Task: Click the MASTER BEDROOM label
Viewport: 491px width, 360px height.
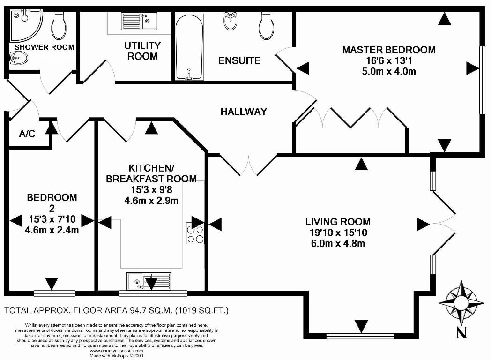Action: click(388, 50)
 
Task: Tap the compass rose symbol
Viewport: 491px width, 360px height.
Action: click(461, 303)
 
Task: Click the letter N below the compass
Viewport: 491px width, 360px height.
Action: click(461, 332)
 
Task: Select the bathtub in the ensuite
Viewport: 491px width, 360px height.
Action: click(189, 47)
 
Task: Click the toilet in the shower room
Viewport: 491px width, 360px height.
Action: click(59, 25)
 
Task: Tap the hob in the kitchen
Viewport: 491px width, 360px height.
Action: click(195, 233)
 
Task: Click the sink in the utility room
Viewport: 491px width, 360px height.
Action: click(139, 21)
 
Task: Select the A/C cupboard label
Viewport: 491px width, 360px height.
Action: click(27, 134)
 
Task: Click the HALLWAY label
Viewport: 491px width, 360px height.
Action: click(244, 112)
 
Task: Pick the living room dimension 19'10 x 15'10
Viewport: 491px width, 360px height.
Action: click(338, 232)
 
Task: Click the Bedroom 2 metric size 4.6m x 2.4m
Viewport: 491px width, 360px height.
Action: click(52, 230)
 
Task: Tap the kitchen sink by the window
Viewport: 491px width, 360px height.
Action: click(149, 281)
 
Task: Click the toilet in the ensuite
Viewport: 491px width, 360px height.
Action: click(267, 26)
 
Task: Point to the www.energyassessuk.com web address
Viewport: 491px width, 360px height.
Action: click(116, 351)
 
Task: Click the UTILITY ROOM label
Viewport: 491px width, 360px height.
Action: click(142, 51)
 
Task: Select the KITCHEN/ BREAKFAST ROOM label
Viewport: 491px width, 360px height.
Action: click(151, 173)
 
